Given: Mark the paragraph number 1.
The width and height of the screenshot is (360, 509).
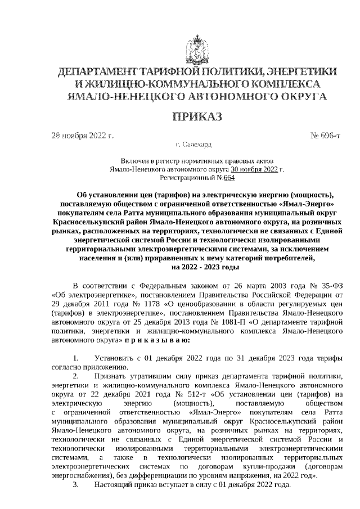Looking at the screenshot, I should pyautogui.click(x=76, y=357).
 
